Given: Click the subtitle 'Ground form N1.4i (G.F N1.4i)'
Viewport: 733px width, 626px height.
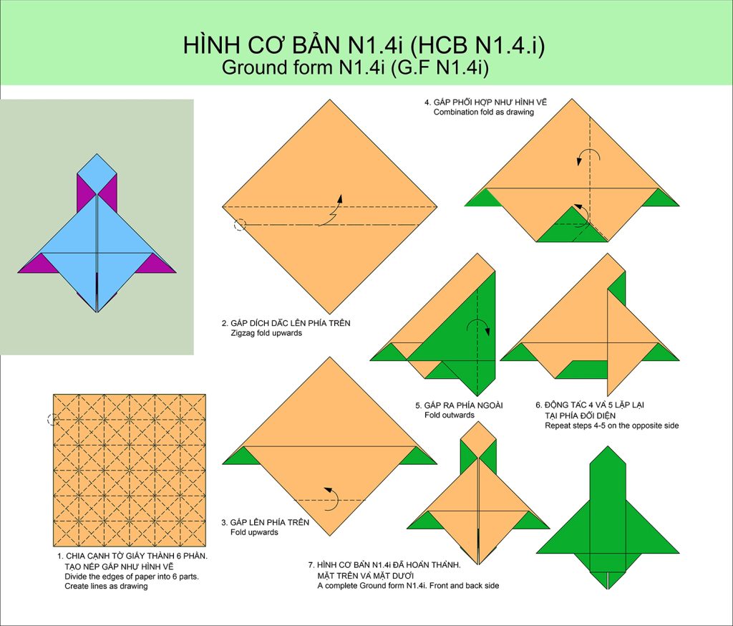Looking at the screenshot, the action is pos(355,67).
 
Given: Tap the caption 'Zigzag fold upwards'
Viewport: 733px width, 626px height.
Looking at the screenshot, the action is pos(266,333).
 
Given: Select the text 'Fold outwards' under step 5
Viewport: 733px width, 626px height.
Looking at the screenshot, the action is pos(450,415).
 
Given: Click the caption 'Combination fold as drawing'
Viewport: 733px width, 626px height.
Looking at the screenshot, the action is pos(483,112).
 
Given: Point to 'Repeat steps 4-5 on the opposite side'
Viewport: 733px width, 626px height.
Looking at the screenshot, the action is pos(611,425).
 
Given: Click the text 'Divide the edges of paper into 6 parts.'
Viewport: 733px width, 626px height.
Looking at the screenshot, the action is pos(132,577).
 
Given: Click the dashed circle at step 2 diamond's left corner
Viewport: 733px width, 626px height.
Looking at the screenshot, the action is pos(239,225).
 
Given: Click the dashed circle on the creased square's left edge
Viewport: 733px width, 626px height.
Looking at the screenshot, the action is pos(53,420).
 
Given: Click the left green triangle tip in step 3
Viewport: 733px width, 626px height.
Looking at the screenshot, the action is pos(223,463).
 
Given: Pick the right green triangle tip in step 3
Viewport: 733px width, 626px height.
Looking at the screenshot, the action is pos(436,463).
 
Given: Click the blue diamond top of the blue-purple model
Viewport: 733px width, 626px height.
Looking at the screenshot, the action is pos(97,174).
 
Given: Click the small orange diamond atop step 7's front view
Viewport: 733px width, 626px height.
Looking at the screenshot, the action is pos(478,440).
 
